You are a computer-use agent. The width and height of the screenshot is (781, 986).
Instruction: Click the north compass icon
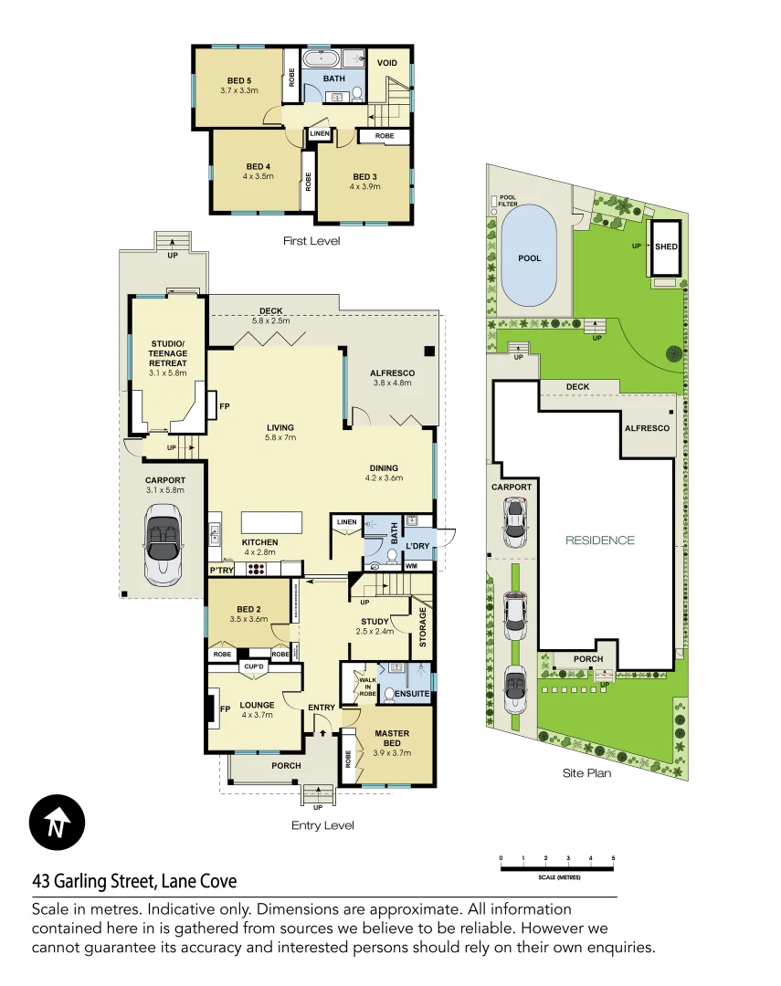pyautogui.click(x=58, y=823)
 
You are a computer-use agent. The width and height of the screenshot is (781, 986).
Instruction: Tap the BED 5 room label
pyautogui.click(x=239, y=80)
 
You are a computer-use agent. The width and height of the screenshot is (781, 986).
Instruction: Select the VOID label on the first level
pyautogui.click(x=387, y=62)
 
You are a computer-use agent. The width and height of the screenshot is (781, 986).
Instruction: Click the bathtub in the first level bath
pyautogui.click(x=321, y=61)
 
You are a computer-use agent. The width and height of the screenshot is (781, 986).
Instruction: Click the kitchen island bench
pyautogui.click(x=271, y=522)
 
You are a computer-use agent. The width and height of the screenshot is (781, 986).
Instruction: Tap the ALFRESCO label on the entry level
pyautogui.click(x=393, y=372)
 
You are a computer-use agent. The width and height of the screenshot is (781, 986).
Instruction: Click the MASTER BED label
pyautogui.click(x=391, y=739)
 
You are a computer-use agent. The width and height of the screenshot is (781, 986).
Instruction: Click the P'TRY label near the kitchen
pyautogui.click(x=222, y=570)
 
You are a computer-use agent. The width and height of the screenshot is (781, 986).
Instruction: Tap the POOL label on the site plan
pyautogui.click(x=530, y=258)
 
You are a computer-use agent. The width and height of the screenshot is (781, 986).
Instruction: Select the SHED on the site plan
pyautogui.click(x=666, y=246)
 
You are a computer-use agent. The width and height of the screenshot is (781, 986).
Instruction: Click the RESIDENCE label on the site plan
pyautogui.click(x=599, y=540)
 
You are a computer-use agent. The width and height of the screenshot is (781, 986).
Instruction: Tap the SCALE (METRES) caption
pyautogui.click(x=557, y=876)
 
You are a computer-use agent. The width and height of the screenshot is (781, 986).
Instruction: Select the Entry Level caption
pyautogui.click(x=322, y=825)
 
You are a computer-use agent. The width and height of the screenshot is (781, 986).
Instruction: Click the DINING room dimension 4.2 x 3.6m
pyautogui.click(x=383, y=478)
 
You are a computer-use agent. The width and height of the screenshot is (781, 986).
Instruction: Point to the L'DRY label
pyautogui.click(x=417, y=546)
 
